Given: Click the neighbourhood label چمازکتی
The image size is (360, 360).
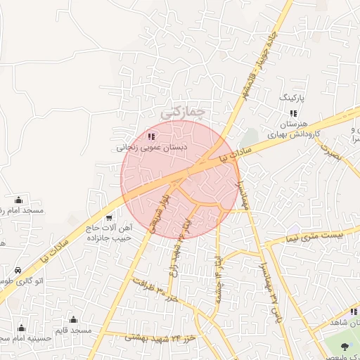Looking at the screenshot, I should click(x=182, y=111).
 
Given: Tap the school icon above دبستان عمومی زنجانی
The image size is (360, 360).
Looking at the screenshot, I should click(x=151, y=136).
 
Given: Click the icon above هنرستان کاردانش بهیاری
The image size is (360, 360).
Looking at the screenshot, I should click(x=293, y=113).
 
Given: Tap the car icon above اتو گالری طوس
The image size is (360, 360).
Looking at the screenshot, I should click(x=18, y=269).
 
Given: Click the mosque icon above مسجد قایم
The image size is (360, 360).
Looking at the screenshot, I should click(x=73, y=320).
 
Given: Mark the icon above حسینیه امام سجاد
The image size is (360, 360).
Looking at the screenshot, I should click(x=21, y=328).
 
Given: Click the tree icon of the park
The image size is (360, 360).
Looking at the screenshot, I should click(x=345, y=347).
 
